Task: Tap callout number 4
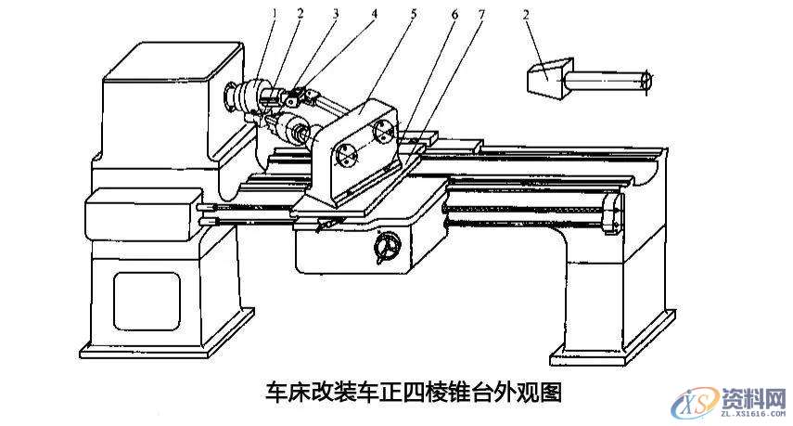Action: (374, 14)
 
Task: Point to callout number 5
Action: (414, 14)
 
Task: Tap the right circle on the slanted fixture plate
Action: (383, 133)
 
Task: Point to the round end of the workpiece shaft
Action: (646, 81)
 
